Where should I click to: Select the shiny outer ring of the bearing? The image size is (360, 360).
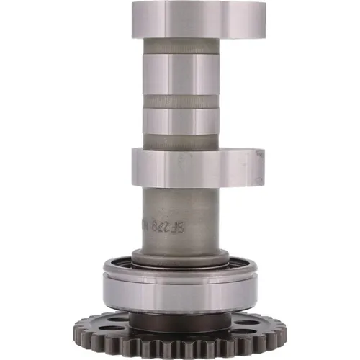click(180, 292)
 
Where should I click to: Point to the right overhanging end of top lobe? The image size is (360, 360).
click(248, 19)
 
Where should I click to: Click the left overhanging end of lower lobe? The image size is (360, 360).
click(140, 166)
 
